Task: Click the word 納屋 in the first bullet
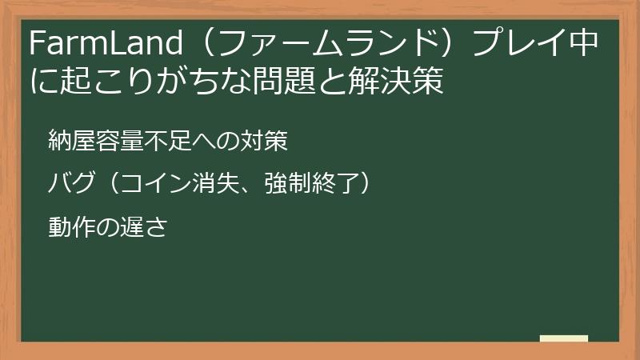tap(71, 142)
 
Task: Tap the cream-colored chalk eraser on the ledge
tap(564, 340)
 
